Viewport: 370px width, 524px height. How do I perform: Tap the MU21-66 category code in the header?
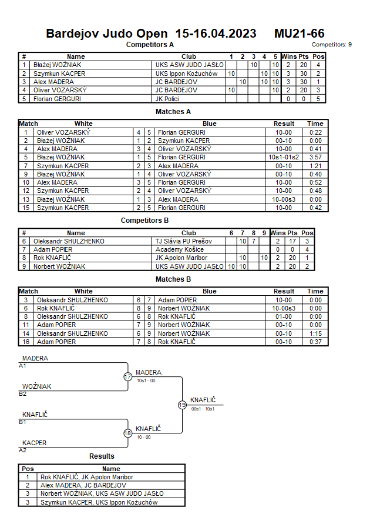point(299,34)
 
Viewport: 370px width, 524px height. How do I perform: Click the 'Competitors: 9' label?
point(332,44)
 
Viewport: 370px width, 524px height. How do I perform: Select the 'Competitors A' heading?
point(150,44)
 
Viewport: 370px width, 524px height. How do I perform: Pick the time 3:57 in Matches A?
point(315,158)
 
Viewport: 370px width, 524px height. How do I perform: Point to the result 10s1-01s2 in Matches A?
point(284,158)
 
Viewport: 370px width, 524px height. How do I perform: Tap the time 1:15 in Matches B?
point(315,333)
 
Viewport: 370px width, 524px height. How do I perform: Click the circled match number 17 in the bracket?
point(127,377)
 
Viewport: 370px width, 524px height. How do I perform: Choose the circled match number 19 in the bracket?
point(182,405)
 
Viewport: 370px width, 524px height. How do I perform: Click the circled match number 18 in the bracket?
point(127,433)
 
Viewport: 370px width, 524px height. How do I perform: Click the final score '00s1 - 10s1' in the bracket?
point(203,409)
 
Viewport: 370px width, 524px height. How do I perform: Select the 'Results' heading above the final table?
point(102,456)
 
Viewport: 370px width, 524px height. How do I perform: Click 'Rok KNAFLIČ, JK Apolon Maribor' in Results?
point(86,477)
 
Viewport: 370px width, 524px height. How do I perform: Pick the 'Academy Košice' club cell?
point(175,249)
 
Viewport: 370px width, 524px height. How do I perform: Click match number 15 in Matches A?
point(26,208)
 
